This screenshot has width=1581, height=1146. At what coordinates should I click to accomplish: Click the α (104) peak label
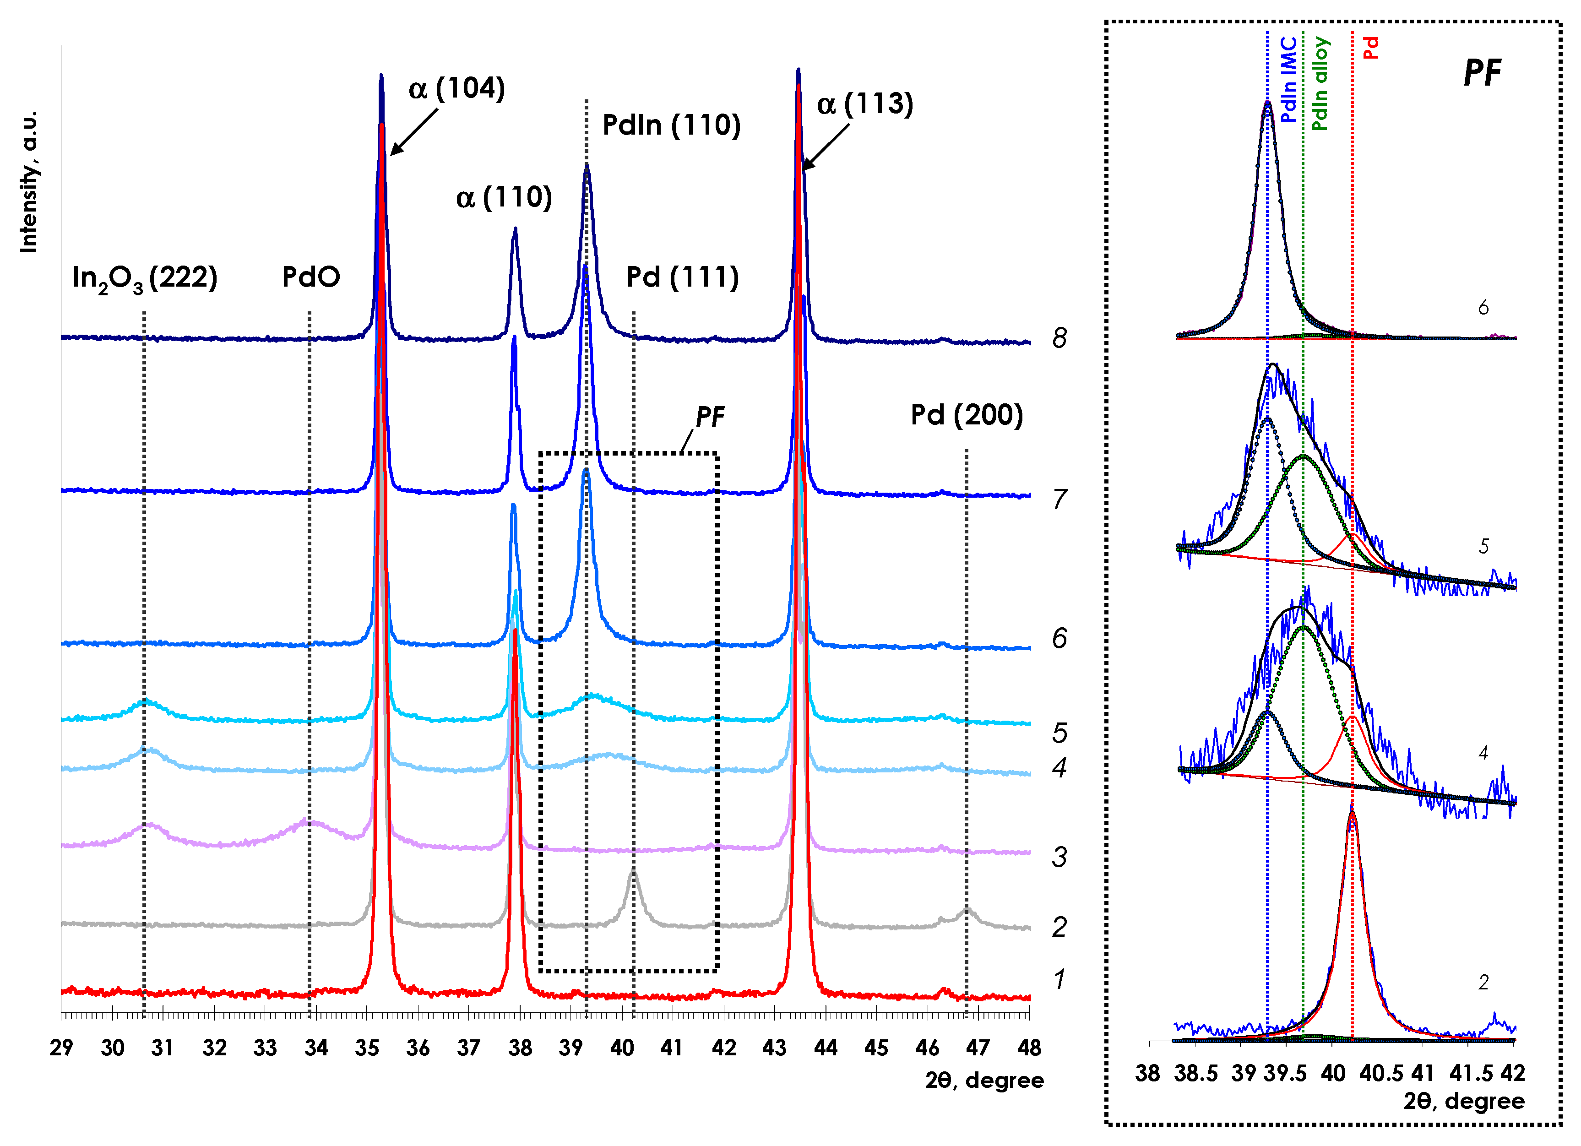456,88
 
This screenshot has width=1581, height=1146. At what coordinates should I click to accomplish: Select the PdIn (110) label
671,125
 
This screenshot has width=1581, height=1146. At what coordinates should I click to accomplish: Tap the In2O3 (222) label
145,278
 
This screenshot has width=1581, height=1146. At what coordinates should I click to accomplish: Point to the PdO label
311,277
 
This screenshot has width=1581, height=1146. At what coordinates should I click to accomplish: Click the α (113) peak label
864,104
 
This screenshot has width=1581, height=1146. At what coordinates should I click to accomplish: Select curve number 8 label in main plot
1059,338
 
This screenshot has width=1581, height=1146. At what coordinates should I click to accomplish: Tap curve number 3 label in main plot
1059,857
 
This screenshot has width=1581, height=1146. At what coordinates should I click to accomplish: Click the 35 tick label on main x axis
367,1048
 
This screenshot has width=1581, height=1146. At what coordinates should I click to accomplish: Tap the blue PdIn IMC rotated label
1288,80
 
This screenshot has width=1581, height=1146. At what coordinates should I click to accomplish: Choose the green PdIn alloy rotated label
1320,84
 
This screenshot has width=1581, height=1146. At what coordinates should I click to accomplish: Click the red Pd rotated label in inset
1370,48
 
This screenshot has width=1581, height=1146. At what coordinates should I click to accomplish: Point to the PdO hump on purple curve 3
307,823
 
